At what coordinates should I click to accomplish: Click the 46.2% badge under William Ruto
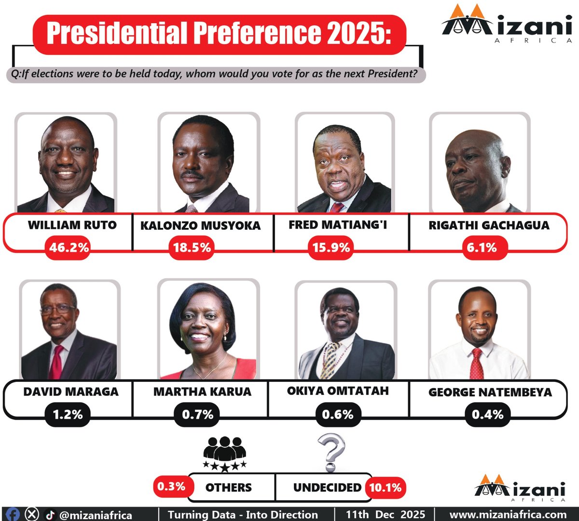click(x=69, y=248)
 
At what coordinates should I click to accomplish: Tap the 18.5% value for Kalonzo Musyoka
click(x=192, y=248)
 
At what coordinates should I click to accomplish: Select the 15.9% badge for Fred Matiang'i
click(x=331, y=248)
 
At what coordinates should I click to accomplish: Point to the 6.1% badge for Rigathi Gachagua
click(x=482, y=248)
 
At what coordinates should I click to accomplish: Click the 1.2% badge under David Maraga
click(x=68, y=414)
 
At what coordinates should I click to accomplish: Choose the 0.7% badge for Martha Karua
click(x=197, y=414)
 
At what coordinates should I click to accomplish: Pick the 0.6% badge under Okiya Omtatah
click(x=338, y=414)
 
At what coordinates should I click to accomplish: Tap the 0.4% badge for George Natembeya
click(x=487, y=414)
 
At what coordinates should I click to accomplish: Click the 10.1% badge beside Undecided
click(x=386, y=488)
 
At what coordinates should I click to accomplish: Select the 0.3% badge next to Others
click(x=171, y=486)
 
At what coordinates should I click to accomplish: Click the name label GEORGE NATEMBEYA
click(x=490, y=392)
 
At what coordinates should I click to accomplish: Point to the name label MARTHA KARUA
click(x=202, y=392)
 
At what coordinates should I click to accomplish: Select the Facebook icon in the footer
click(x=13, y=514)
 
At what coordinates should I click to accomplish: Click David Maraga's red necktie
click(x=56, y=362)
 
